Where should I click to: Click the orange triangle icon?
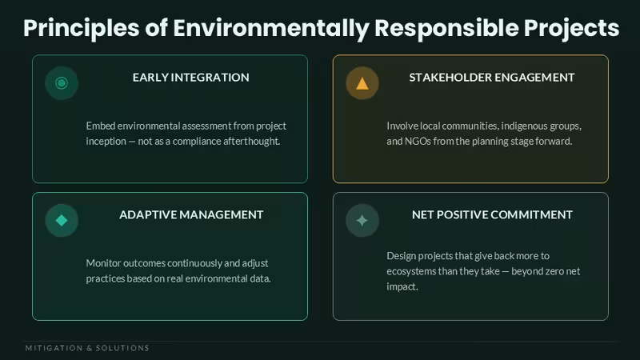(362, 84)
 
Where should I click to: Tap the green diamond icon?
(62, 221)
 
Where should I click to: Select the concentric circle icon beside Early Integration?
(62, 83)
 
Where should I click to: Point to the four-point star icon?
(362, 221)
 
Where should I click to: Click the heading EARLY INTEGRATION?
(190, 77)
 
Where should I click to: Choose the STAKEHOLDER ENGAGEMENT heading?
(492, 77)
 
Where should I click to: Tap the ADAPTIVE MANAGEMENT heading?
(191, 214)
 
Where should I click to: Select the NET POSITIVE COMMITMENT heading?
(492, 214)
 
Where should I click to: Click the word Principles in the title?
(82, 29)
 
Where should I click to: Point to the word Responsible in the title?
(446, 29)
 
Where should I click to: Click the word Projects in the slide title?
(571, 29)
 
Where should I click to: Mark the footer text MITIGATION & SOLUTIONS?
(87, 348)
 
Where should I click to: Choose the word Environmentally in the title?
(271, 29)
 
